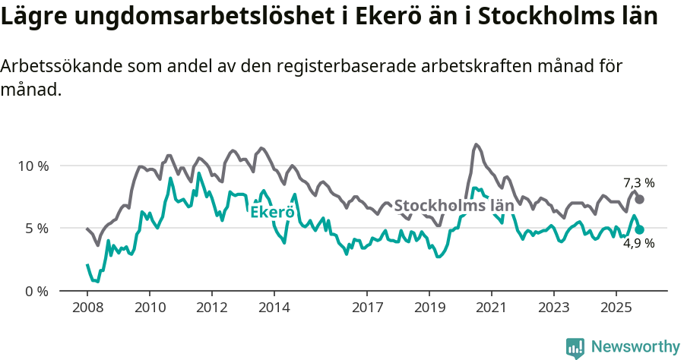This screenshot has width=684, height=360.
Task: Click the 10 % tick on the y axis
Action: pos(33,166)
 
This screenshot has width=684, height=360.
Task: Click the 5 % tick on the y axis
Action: pos(36,229)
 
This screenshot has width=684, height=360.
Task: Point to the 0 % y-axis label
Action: pos(36,292)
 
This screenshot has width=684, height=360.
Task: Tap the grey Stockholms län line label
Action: pos(454,206)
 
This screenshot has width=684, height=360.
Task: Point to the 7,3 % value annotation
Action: pos(638,183)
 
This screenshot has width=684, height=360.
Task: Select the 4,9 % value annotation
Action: pos(638,244)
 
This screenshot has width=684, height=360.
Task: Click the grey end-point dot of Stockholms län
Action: pos(640,199)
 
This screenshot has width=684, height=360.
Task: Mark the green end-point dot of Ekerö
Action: pos(640,229)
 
